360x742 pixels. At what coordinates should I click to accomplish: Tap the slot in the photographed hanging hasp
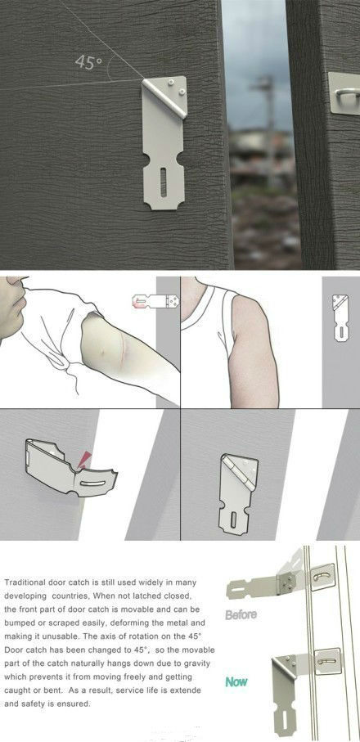[163, 182]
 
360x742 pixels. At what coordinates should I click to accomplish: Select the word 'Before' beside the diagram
[241, 614]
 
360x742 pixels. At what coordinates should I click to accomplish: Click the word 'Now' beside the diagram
[236, 682]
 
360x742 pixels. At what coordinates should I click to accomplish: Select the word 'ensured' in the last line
[76, 704]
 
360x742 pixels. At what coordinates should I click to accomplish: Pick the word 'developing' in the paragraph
[23, 596]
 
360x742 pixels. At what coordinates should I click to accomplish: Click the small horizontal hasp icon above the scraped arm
[155, 301]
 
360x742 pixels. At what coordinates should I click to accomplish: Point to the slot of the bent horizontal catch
[92, 483]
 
